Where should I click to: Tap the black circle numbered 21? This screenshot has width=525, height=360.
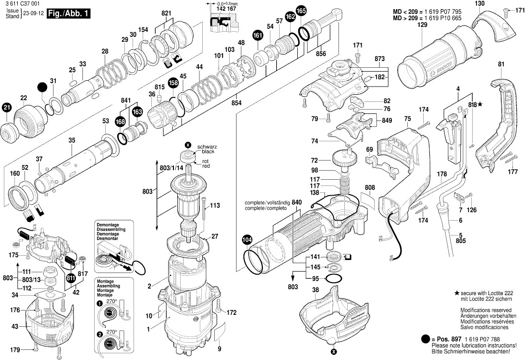7,108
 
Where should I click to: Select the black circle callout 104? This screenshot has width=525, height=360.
246,239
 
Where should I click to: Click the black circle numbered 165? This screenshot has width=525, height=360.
301,11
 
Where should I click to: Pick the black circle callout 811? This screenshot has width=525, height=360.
71,278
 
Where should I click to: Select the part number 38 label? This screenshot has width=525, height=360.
315,289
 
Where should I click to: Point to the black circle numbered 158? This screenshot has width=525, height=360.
173,83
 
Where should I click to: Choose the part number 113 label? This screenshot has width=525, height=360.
215,205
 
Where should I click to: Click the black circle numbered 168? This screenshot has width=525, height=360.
120,122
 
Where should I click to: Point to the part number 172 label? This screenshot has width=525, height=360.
232,313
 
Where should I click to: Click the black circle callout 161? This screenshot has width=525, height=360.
258,35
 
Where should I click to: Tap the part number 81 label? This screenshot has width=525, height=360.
501,64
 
